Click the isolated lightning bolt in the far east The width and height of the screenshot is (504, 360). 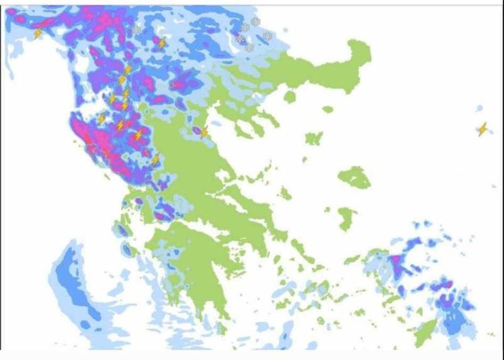(482, 129)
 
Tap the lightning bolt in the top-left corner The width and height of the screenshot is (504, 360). (38, 33)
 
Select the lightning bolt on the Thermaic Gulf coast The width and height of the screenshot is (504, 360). (204, 132)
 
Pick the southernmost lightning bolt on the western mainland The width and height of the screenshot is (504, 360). (155, 160)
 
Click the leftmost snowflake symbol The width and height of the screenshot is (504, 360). (137, 30)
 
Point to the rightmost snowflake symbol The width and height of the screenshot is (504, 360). (267, 36)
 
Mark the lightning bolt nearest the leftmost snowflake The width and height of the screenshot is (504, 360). (161, 43)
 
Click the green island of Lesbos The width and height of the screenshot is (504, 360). (354, 177)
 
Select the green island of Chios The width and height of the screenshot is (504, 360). (347, 218)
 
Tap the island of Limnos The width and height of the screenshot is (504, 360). (313, 138)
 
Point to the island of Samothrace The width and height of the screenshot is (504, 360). (327, 109)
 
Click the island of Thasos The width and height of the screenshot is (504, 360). (290, 97)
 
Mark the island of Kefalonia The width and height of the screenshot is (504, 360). (124, 230)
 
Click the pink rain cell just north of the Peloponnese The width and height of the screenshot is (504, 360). (161, 216)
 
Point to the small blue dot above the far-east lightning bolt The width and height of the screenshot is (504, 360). (480, 107)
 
